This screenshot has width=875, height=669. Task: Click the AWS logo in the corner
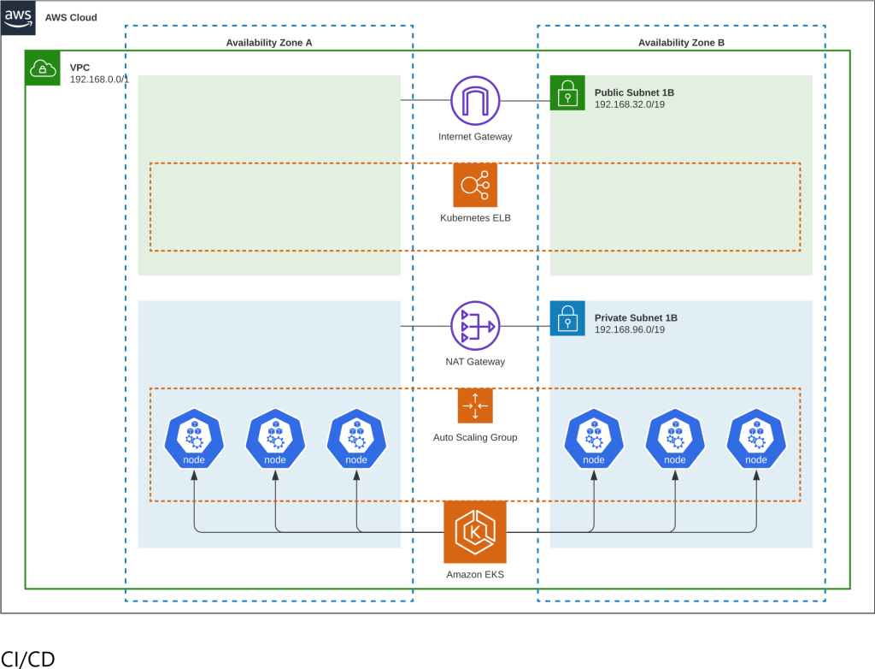[18, 17]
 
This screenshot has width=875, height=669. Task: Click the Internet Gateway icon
[475, 101]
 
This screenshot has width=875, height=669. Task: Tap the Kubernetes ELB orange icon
[475, 185]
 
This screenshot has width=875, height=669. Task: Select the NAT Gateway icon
[475, 326]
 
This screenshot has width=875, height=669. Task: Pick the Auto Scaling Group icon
[475, 406]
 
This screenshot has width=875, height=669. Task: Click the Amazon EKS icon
[475, 532]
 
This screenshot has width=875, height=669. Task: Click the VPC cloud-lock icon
[43, 68]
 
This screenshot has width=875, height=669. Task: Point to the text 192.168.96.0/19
[629, 329]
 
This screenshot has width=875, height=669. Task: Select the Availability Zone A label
[269, 42]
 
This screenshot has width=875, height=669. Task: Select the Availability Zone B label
[681, 42]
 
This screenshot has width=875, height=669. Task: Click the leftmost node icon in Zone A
[194, 439]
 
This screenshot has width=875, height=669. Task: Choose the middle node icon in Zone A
[275, 439]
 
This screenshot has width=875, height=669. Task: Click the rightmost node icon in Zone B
[756, 439]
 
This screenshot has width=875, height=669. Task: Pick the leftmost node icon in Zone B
[594, 439]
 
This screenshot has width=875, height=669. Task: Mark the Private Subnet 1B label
[636, 317]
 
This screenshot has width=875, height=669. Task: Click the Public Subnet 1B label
[634, 92]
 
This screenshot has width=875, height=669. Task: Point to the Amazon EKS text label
[475, 575]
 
